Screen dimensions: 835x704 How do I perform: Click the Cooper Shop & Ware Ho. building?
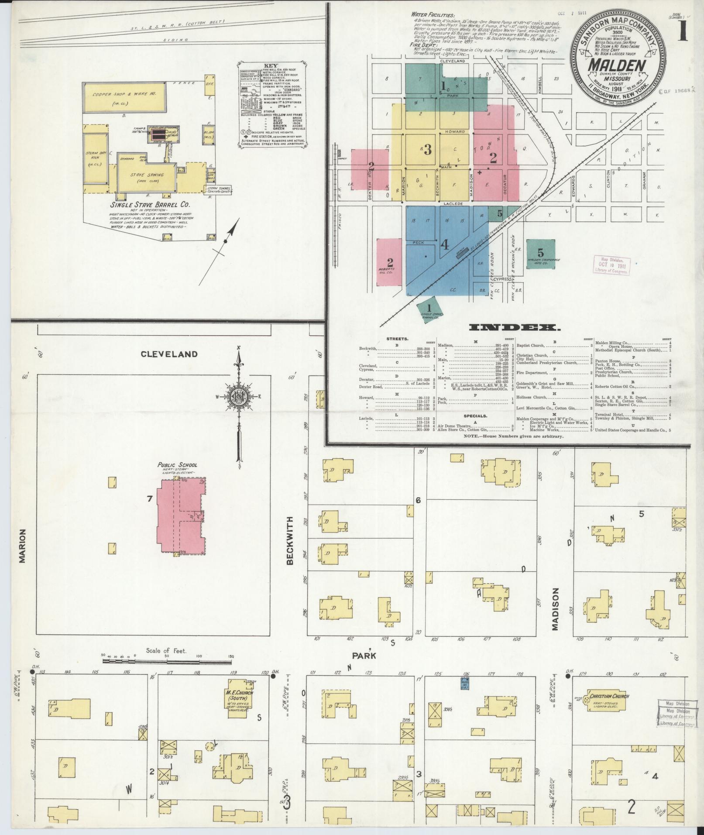pyautogui.click(x=124, y=97)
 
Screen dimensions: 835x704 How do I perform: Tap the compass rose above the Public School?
pyautogui.click(x=239, y=398)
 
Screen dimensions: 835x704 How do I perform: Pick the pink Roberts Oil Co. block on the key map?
pyautogui.click(x=390, y=262)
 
